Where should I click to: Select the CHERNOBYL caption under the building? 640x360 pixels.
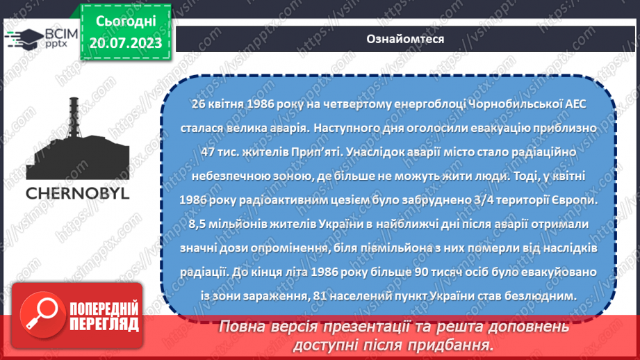tap(78, 193)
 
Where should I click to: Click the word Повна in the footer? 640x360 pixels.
tap(243, 327)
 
